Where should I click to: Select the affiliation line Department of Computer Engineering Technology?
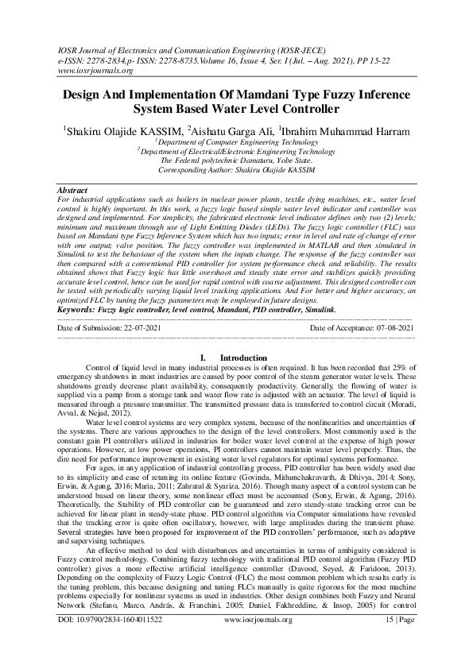click(x=238, y=141)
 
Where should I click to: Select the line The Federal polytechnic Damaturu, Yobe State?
click(x=236, y=160)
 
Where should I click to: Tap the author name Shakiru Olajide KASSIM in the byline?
click(x=122, y=130)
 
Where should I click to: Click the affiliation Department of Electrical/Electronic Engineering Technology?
click(x=238, y=150)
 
